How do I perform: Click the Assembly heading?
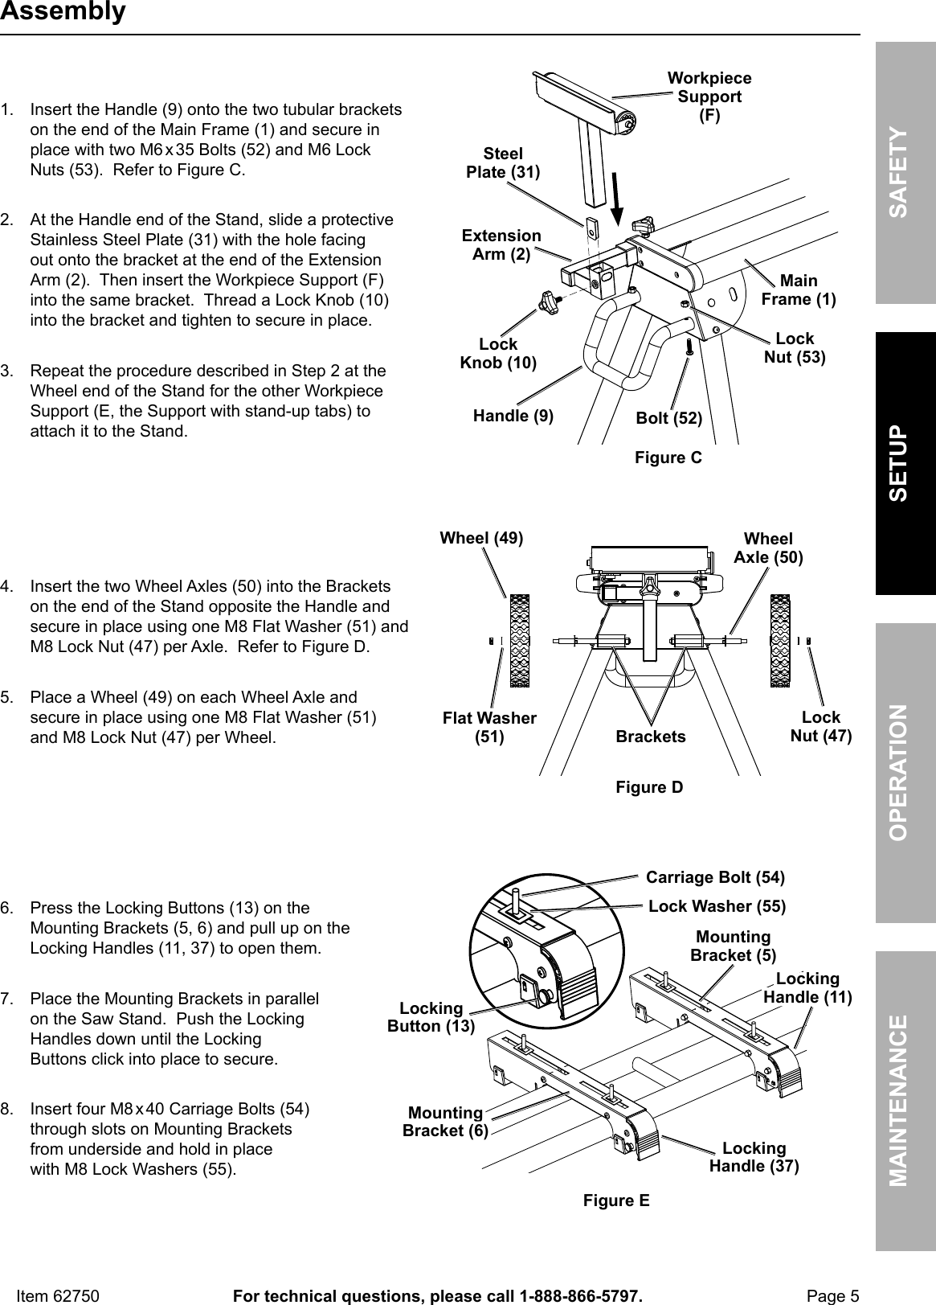point(63,12)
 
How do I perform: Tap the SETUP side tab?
point(905,463)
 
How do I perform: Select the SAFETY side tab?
point(905,171)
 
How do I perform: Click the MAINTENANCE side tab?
point(905,1100)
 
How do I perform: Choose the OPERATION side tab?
point(905,772)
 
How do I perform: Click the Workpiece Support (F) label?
point(709,96)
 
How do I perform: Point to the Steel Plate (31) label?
point(503,163)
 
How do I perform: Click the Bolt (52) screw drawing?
point(689,348)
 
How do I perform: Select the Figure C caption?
point(668,458)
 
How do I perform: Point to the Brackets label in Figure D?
point(651,737)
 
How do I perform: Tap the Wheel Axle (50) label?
point(768,548)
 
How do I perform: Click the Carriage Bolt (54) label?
point(715,876)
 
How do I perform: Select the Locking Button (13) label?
point(431,1017)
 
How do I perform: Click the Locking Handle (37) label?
point(754,1156)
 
